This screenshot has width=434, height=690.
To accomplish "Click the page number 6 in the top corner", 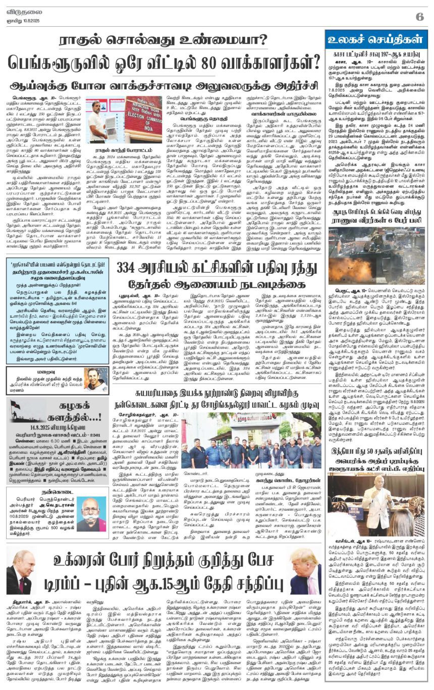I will (x=419, y=16).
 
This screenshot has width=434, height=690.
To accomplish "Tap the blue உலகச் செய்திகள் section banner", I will (x=376, y=39).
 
